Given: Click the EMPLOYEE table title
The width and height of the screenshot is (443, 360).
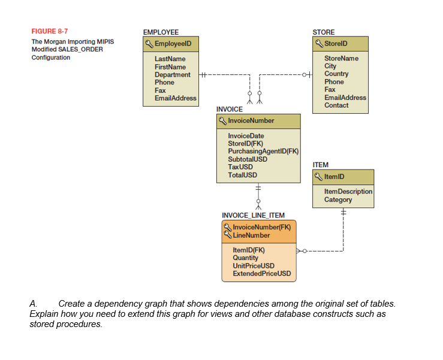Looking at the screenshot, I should point(160,32).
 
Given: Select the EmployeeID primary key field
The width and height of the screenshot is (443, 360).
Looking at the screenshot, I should point(172,44).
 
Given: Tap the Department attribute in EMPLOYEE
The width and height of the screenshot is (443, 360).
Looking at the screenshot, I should point(172,75).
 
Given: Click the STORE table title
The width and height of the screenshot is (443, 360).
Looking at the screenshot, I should point(324,32).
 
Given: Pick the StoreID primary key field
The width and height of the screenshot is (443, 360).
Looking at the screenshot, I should point(336,44).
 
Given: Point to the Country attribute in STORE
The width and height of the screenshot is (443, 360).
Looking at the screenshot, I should point(336,74).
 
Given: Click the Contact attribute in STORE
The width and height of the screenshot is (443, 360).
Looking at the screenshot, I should point(336,105).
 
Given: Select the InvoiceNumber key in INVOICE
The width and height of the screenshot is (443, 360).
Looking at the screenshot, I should point(251,120).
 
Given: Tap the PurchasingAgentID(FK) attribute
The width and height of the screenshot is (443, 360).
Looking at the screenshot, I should point(263,152).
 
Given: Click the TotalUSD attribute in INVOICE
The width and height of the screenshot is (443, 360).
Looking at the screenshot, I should point(243,175).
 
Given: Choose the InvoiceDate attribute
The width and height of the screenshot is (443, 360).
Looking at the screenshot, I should point(246,136).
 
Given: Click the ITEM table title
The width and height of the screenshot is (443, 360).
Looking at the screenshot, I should point(320,165).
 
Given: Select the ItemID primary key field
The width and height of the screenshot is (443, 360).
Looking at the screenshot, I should point(334,177).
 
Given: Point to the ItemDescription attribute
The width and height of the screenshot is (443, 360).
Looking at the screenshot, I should point(348,192).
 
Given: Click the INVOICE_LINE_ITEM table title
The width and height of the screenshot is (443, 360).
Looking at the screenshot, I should point(253,216).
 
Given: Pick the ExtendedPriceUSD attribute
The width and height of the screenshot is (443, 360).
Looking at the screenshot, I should point(261,274).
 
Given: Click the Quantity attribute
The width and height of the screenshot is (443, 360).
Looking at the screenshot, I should point(245,258).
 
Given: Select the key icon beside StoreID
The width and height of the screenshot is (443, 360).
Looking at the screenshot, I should point(319,44).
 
